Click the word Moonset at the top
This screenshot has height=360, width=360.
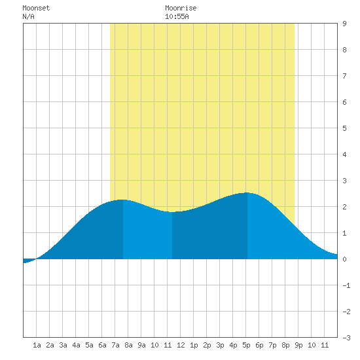coord(36,8)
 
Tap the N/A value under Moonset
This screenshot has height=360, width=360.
coord(28,16)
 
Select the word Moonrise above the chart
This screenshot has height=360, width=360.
coord(181,8)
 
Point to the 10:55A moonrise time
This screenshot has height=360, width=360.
coord(177,16)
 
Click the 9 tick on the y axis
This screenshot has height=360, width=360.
coord(344,24)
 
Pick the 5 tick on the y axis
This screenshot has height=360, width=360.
coord(344,128)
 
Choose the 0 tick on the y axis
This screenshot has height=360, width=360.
coord(344,259)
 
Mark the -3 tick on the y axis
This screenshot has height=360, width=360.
coord(346,338)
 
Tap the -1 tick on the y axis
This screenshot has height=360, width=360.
coord(346,285)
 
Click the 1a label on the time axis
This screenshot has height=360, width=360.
coord(37,345)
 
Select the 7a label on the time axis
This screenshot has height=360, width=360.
coord(115,345)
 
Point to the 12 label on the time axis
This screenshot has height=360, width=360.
coord(181,345)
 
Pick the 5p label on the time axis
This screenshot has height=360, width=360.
coord(246,345)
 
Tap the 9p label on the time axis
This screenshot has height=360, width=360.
coord(298,345)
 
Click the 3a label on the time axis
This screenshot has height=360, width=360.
coord(63,345)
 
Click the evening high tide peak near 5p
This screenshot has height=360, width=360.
coord(247,193)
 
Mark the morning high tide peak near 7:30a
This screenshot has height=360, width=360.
coord(122,200)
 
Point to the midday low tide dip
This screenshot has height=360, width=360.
coord(172,212)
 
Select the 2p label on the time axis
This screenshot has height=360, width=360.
coord(207,345)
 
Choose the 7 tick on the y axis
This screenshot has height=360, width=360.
coord(344,76)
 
